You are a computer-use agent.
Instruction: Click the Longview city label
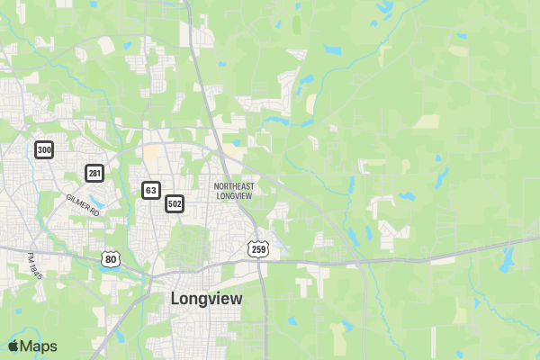click(x=206, y=299)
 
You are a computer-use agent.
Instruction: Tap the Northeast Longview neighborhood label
click(x=234, y=191)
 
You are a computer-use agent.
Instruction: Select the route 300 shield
click(x=44, y=149)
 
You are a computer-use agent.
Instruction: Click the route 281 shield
click(x=94, y=172)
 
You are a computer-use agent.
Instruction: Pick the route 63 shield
click(x=150, y=190)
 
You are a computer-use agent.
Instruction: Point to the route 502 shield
click(x=175, y=204)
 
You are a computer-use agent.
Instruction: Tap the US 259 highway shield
click(x=258, y=247)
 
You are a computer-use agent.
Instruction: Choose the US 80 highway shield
click(x=111, y=259)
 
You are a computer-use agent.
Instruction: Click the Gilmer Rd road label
click(x=82, y=204)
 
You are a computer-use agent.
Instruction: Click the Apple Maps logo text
click(x=38, y=346)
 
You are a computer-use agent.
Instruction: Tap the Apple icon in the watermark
click(x=13, y=346)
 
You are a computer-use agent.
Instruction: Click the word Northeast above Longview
click(x=234, y=186)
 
